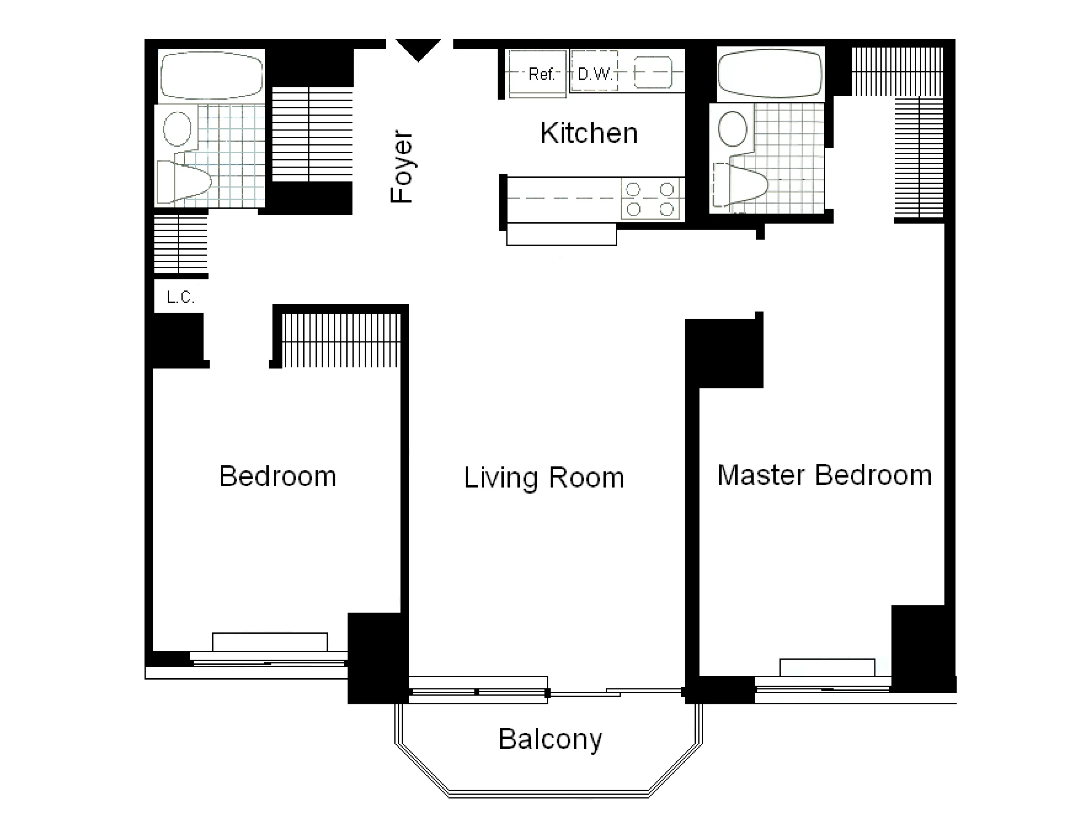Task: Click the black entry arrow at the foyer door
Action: click(x=418, y=48)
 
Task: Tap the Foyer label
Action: click(x=401, y=166)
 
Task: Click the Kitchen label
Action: click(x=589, y=133)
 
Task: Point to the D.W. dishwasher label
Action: click(x=595, y=74)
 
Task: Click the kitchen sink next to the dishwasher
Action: click(x=653, y=72)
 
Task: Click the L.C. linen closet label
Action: click(x=181, y=297)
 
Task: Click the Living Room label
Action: click(x=544, y=478)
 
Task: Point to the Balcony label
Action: click(x=550, y=739)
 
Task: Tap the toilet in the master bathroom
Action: click(x=740, y=183)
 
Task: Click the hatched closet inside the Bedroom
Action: click(x=341, y=340)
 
